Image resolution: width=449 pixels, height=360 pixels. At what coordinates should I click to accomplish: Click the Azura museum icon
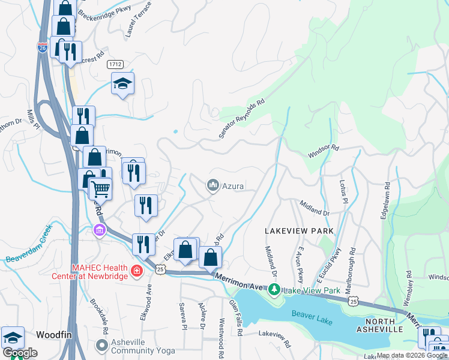tap(212, 186)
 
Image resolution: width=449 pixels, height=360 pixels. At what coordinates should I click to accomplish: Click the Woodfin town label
tap(55, 334)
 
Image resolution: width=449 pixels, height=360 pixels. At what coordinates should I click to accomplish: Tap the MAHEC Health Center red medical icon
tap(137, 272)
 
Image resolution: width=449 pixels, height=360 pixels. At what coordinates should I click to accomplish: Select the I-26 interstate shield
tap(42, 48)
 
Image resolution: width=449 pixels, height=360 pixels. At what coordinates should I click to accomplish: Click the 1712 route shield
tap(116, 64)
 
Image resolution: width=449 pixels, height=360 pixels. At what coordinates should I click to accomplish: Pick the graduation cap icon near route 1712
tap(122, 83)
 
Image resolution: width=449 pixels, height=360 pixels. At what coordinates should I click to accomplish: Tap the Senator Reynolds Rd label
tap(242, 119)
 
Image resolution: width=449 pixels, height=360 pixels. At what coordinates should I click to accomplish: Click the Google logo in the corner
tap(20, 353)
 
